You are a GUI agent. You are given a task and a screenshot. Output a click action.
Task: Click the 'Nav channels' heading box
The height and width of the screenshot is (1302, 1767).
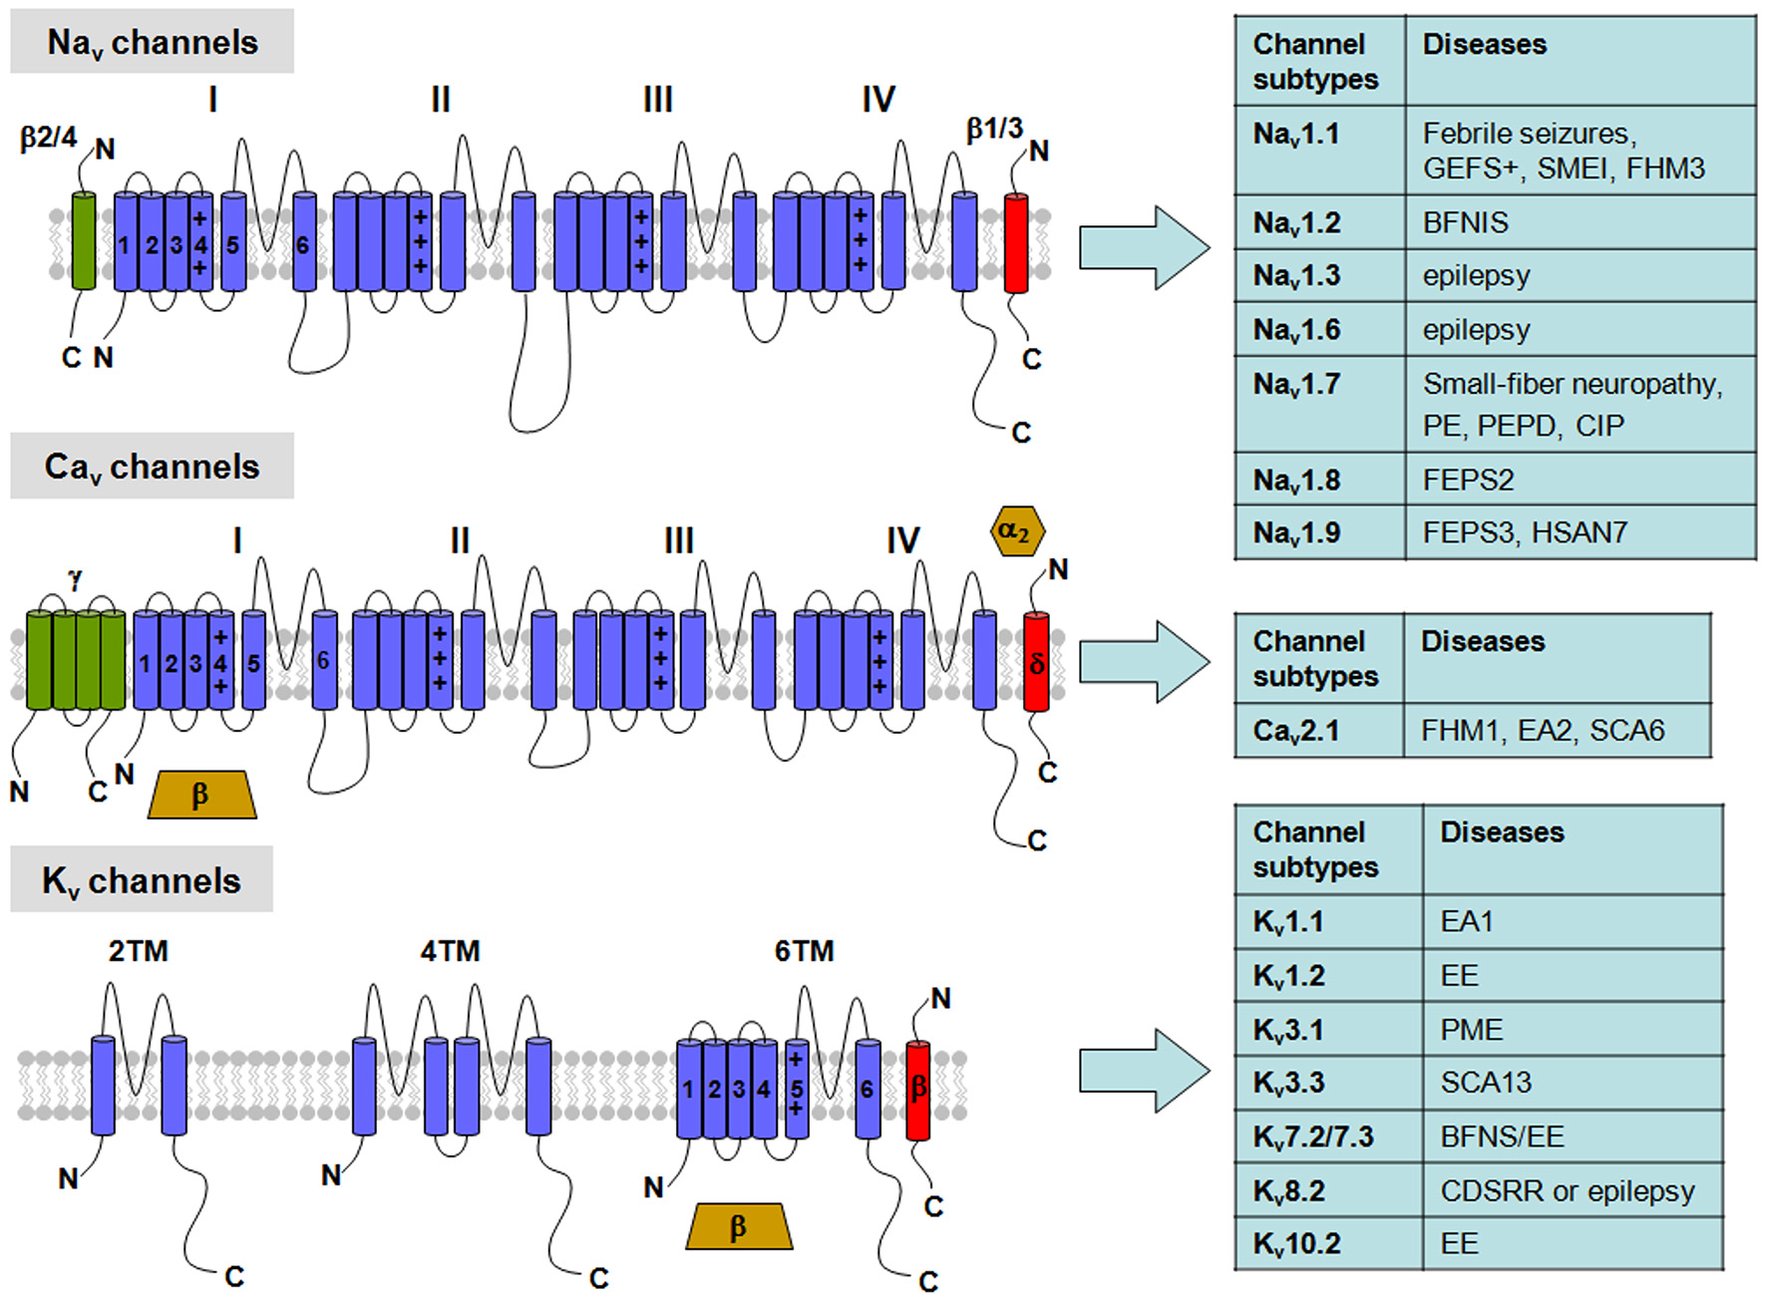pos(152,43)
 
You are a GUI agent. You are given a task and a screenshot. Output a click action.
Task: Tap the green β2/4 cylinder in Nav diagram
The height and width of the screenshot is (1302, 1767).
pos(84,241)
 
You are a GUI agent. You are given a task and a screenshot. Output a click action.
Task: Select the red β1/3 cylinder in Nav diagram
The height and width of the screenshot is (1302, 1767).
pos(1015,243)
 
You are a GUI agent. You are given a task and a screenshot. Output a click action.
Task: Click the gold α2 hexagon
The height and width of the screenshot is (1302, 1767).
pos(1016,531)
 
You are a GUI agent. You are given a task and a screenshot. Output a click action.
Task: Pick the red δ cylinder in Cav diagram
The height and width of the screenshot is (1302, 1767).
pos(1036,662)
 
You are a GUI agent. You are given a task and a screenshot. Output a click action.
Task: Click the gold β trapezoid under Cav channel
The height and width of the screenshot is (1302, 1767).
pos(201,795)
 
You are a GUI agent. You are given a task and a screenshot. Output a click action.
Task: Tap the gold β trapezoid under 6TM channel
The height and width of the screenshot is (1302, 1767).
pos(739,1226)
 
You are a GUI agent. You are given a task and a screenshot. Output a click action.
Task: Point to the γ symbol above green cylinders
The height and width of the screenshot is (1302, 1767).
pos(76,577)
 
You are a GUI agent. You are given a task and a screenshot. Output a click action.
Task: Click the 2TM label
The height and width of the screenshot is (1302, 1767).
pos(138,951)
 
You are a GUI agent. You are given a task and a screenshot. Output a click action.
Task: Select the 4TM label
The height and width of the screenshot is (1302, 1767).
pos(450,951)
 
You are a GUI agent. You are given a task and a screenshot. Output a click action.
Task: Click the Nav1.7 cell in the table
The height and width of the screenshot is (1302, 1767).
pos(1297,385)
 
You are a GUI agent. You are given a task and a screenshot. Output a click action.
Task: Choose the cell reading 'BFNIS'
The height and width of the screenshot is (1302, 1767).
pos(1465,222)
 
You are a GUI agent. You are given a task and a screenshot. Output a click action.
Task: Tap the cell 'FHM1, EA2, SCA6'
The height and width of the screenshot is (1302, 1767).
pos(1542,731)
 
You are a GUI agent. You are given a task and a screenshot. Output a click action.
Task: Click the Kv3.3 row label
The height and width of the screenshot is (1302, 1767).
pos(1288,1083)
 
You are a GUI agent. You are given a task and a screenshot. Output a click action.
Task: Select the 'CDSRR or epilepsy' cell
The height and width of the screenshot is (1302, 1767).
pos(1567,1191)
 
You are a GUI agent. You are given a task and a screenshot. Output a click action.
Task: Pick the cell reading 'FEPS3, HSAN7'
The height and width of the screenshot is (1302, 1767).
pos(1525,532)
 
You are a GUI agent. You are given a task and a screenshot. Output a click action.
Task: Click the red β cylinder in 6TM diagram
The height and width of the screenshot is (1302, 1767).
pos(917,1090)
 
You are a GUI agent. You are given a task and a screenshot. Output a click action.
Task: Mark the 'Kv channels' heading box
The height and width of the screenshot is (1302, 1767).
pos(142,880)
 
